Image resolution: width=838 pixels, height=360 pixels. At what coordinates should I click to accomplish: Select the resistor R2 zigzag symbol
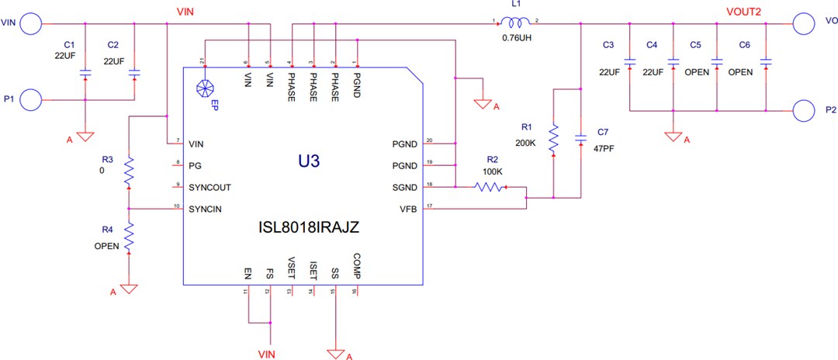[x=489, y=187]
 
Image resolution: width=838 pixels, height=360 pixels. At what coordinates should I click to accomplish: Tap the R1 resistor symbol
[x=553, y=139]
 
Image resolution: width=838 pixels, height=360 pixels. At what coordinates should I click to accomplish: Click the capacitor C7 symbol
[x=580, y=138]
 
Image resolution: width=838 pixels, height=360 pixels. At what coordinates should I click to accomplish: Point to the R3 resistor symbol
[x=129, y=171]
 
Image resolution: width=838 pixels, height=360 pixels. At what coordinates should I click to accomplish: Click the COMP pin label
[x=356, y=266]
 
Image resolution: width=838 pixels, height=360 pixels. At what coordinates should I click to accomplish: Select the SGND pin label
[x=406, y=187]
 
